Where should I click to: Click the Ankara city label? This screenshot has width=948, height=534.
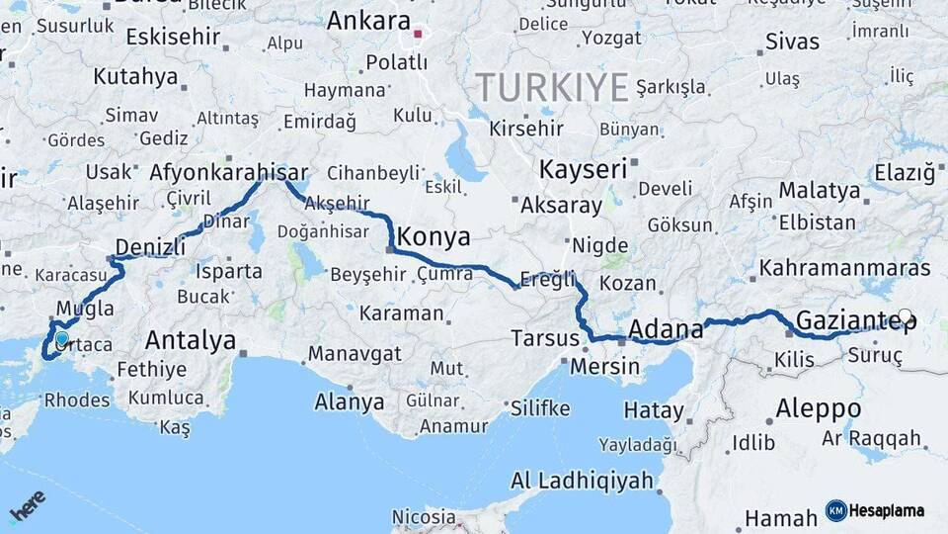[367, 21]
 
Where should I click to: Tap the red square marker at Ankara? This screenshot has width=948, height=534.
[418, 35]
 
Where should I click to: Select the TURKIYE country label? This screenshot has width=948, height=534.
[553, 88]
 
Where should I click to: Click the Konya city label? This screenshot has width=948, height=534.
[434, 238]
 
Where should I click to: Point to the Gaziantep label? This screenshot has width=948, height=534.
[855, 320]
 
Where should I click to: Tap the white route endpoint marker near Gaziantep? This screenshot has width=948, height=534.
[905, 316]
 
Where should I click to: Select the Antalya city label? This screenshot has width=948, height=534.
[190, 341]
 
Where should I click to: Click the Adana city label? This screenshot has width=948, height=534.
[666, 328]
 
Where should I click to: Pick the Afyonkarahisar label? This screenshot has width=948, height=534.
[228, 171]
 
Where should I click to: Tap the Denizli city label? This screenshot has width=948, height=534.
[150, 246]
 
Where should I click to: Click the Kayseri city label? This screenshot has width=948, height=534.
[583, 169]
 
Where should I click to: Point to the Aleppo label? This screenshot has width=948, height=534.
[818, 408]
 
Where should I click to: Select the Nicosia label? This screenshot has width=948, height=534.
[424, 517]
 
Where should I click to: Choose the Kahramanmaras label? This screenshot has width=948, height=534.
[844, 268]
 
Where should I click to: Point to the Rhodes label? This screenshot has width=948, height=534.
[77, 400]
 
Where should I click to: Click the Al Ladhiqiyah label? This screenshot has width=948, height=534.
[582, 482]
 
